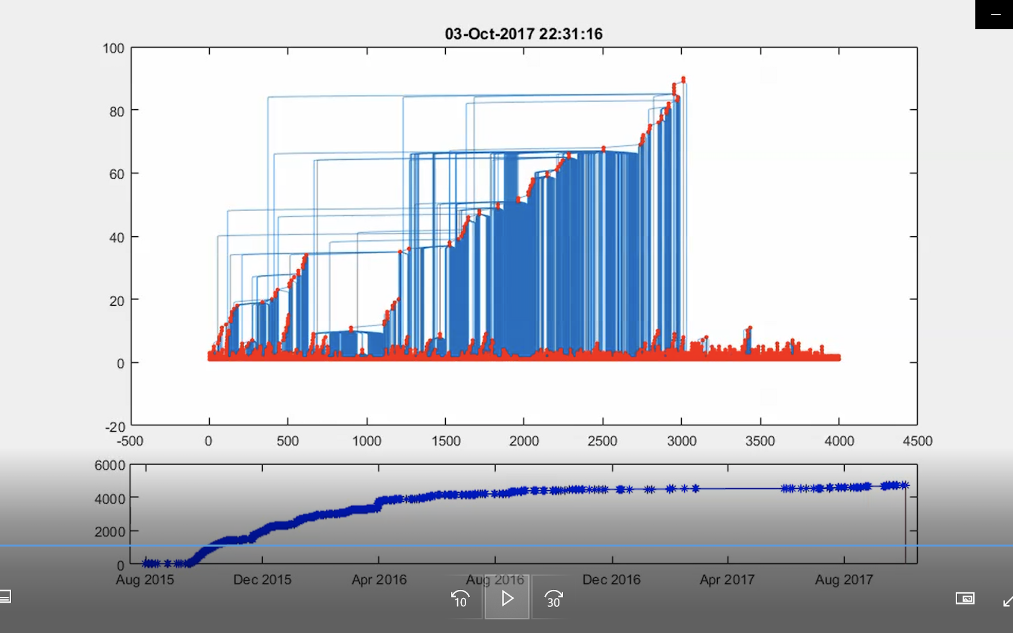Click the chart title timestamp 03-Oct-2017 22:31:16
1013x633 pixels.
click(524, 34)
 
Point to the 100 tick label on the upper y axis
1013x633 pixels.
click(113, 48)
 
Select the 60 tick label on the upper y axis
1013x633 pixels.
click(117, 174)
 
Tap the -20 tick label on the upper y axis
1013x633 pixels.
click(115, 427)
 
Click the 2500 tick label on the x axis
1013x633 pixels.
click(602, 441)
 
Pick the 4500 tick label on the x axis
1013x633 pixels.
click(917, 441)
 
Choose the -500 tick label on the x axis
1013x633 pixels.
click(130, 441)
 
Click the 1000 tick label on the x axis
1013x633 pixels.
click(367, 441)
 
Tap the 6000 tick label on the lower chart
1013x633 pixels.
click(110, 465)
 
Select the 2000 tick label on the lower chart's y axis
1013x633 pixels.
click(110, 532)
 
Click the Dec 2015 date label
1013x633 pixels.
click(262, 580)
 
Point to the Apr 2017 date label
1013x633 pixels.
click(727, 580)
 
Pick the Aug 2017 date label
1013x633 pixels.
click(844, 580)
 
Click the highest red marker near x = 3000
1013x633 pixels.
click(683, 79)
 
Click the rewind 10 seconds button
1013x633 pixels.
click(460, 599)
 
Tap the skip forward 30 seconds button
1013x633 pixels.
click(553, 599)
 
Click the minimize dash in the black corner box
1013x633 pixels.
click(996, 15)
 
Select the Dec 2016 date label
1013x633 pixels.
click(611, 580)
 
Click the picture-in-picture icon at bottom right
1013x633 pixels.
click(965, 598)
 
